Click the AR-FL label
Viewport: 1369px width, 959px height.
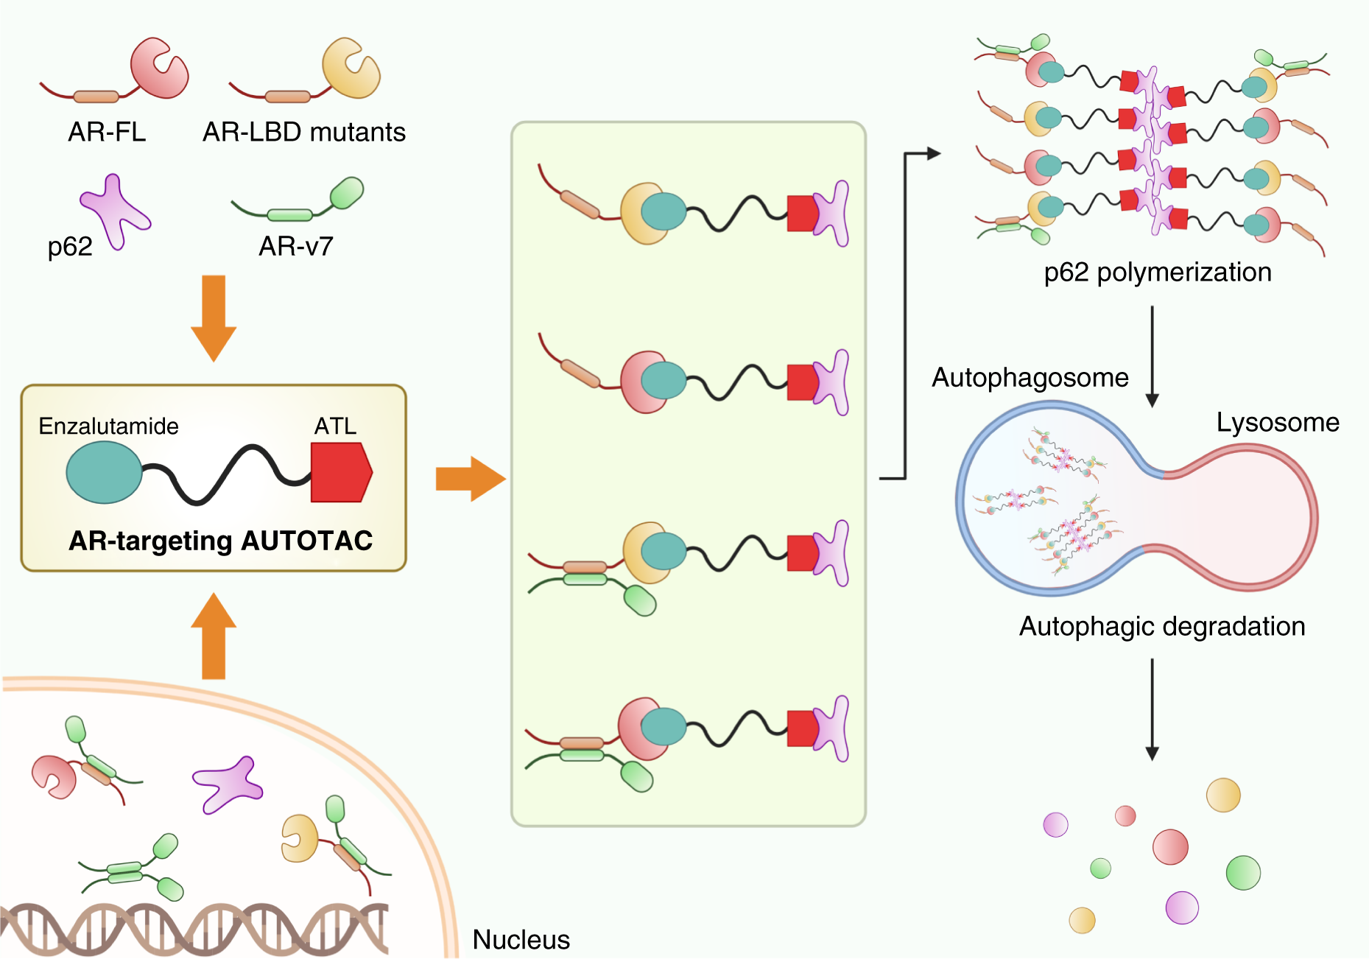(107, 132)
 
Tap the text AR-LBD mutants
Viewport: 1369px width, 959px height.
(303, 132)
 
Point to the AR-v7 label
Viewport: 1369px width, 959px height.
(296, 245)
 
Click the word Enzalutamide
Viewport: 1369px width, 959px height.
(108, 426)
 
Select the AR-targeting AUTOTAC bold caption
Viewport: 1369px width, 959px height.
(220, 541)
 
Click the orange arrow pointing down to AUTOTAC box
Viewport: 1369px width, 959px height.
(214, 317)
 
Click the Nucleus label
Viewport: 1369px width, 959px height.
(521, 940)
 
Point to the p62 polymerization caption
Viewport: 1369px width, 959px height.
(1157, 272)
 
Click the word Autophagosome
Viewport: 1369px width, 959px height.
(1030, 377)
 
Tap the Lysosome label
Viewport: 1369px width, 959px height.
(1277, 422)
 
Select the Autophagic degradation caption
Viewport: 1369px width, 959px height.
(1161, 626)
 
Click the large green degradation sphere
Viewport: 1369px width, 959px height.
(1243, 873)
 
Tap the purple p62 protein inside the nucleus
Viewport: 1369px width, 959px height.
(228, 784)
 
